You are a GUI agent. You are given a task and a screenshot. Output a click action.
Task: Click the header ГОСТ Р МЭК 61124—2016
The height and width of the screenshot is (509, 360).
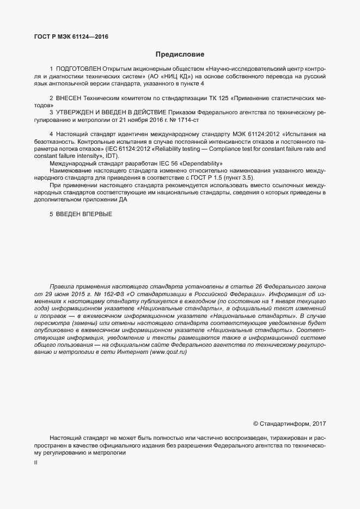[71, 37]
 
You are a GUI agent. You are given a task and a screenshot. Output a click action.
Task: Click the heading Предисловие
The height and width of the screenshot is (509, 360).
[180, 54]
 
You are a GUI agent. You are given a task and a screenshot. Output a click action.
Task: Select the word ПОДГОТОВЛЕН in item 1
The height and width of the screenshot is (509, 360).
[78, 70]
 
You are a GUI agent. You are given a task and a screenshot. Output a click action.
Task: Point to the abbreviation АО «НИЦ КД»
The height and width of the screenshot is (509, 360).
[169, 77]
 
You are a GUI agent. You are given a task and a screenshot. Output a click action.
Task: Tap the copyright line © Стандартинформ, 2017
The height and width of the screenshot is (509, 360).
[289, 423]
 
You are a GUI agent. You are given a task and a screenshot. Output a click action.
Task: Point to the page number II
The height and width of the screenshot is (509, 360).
[35, 462]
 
